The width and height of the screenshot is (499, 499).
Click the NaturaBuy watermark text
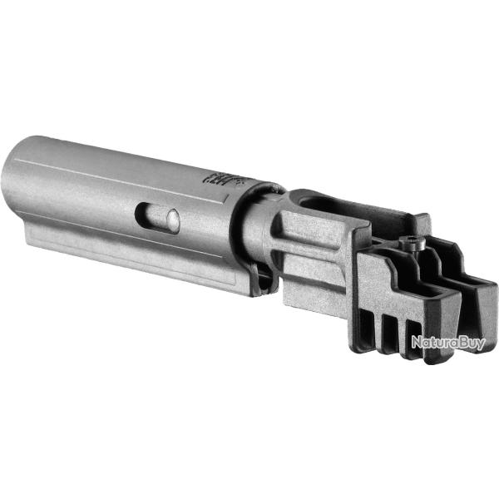pyautogui.click(x=447, y=342)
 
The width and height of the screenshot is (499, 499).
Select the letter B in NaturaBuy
pyautogui.click(x=463, y=342)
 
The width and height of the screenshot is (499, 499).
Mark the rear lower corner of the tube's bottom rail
pyautogui.click(x=30, y=241)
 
